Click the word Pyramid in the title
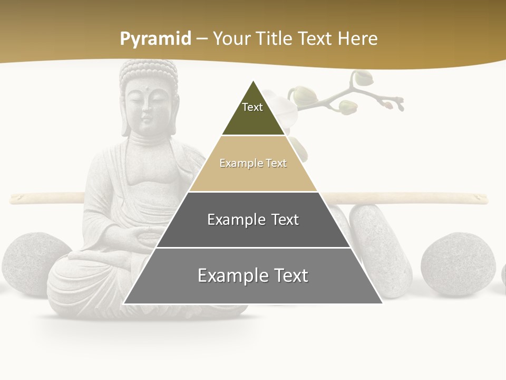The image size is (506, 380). (x=155, y=39)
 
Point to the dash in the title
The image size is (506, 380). (x=202, y=39)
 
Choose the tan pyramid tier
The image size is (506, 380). (x=253, y=164)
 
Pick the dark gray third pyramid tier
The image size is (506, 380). (x=253, y=220)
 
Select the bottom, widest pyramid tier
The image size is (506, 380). (x=253, y=275)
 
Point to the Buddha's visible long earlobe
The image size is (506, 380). (x=125, y=124)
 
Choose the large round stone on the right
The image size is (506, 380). (x=458, y=263)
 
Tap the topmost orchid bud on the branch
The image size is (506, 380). (x=363, y=78)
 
